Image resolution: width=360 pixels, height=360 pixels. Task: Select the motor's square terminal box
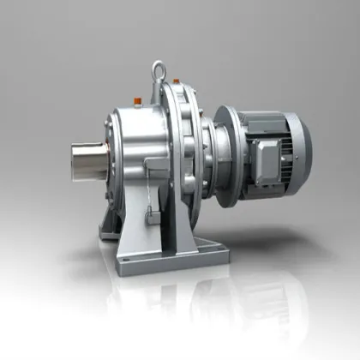[268, 158]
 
